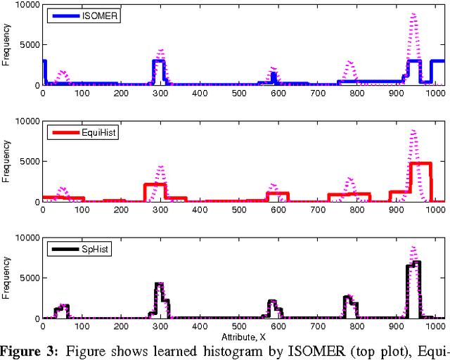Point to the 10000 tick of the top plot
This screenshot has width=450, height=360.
pos(28,5)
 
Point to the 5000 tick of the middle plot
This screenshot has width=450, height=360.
pos(31,162)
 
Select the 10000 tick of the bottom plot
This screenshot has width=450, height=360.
pos(28,238)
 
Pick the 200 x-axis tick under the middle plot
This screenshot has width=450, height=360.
pos(121,209)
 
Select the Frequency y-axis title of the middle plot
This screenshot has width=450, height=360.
pos(6,162)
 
